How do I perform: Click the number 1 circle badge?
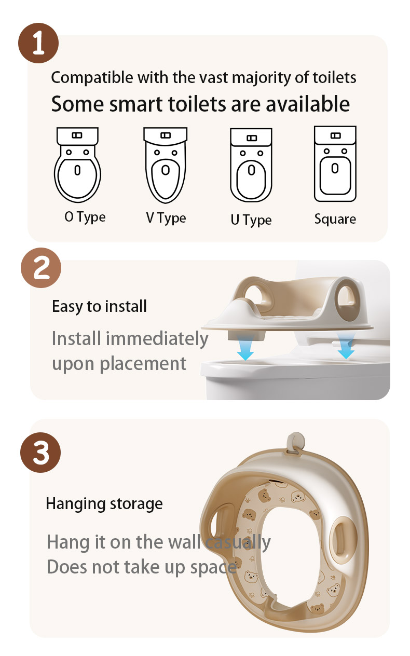coord(38,43)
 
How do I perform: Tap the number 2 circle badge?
coord(41,268)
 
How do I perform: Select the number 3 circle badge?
coord(40,453)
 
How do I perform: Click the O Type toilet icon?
coord(77,165)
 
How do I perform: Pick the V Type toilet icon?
coord(166,165)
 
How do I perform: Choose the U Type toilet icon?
coord(251,165)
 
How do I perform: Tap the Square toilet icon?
coord(335,164)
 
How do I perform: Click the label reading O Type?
coord(85,217)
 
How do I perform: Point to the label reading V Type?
coord(166,218)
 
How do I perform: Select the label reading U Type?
coord(251,220)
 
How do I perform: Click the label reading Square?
coord(335,219)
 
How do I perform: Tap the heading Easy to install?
coord(99,307)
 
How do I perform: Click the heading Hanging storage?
coord(104,504)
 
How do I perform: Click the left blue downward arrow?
coord(245,348)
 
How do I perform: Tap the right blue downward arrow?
coord(346,346)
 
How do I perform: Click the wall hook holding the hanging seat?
coord(296,443)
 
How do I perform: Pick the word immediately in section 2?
coord(157,339)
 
